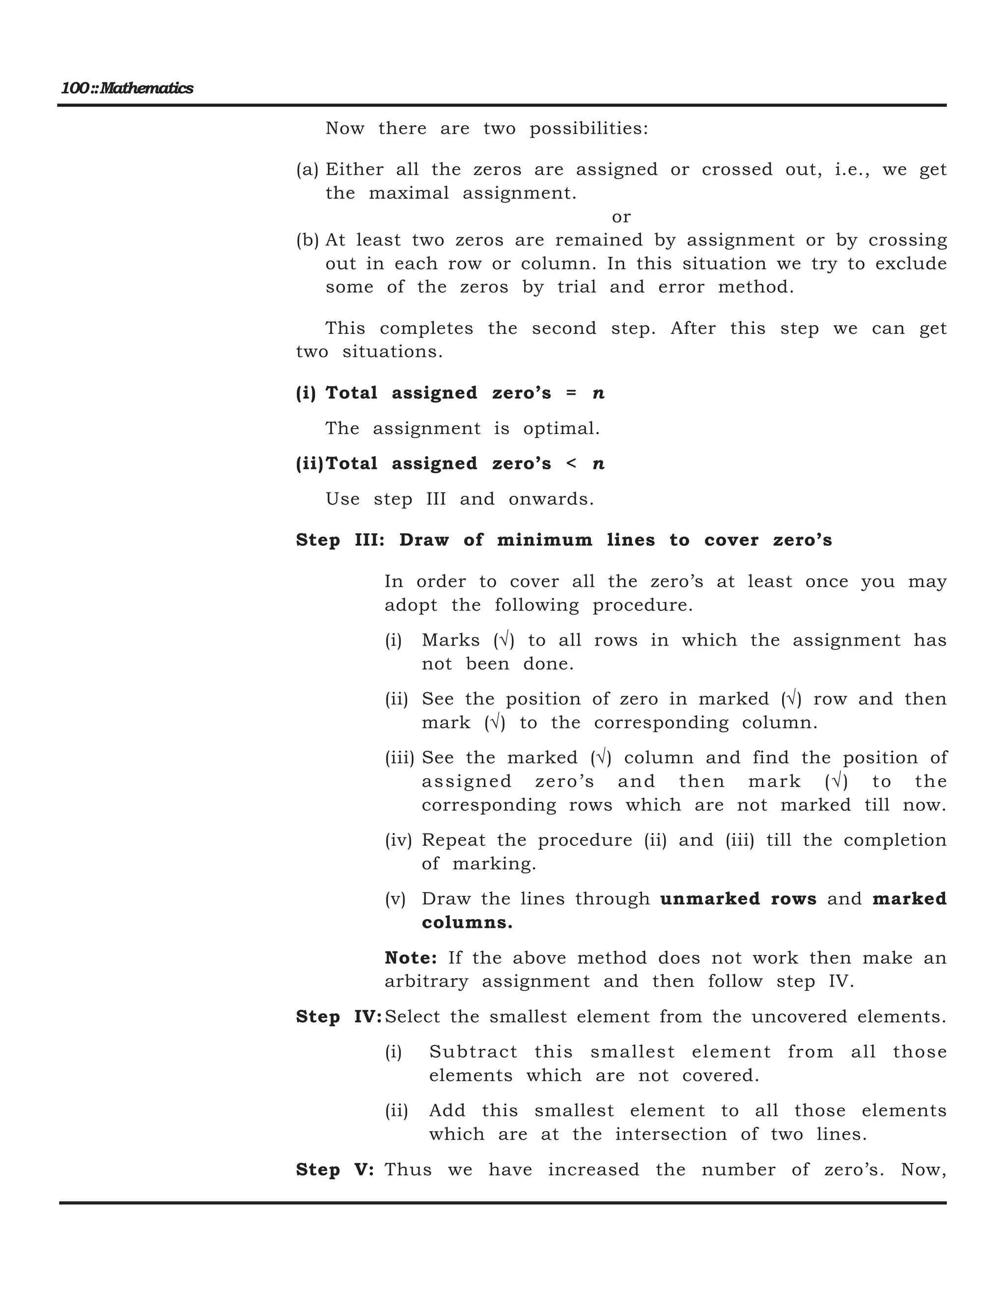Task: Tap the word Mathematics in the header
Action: [x=146, y=89]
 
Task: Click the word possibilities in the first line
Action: [x=588, y=129]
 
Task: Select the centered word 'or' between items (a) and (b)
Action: [x=621, y=217]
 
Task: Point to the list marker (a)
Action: [x=307, y=170]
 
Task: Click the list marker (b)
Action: [x=307, y=241]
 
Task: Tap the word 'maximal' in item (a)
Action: [x=409, y=193]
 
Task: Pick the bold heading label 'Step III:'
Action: [x=340, y=541]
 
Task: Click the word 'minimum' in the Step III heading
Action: [x=545, y=541]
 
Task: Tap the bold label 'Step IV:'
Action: [x=338, y=1017]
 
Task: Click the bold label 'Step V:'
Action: [x=335, y=1170]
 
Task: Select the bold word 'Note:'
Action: [x=411, y=958]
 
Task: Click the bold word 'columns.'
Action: [x=467, y=923]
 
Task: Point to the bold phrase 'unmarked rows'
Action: [x=738, y=899]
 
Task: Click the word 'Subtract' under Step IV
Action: [x=473, y=1052]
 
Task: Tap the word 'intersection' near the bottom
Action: [x=671, y=1134]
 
